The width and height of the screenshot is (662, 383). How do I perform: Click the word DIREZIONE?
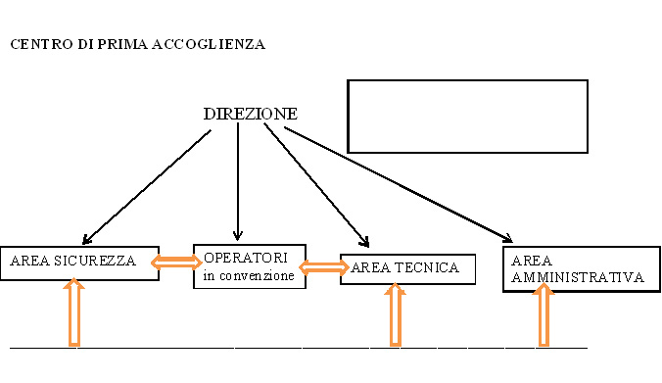pos(250,114)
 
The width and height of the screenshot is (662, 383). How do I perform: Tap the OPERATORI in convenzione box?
pos(249,266)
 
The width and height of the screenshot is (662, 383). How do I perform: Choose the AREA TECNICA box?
pos(406,267)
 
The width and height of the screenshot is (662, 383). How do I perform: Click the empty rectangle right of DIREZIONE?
pos(467,116)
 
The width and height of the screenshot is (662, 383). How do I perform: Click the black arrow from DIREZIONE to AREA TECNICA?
pos(316,183)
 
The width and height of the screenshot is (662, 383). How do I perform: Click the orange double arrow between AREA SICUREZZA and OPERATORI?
pos(176,262)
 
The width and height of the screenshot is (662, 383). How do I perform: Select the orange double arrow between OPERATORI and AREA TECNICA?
pos(323,266)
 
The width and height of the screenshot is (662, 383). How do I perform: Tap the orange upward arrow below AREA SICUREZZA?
pos(73,313)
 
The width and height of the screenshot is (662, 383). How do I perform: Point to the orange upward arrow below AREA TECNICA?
pos(395,315)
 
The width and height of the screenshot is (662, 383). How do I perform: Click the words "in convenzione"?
pos(249,276)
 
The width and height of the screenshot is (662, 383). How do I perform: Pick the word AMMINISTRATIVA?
pos(577,277)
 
